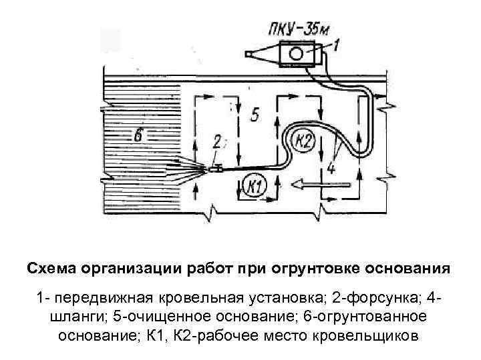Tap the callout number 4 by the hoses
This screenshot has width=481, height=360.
point(332,167)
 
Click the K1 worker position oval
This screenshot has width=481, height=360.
point(255,186)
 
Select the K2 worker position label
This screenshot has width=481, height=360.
point(304,141)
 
